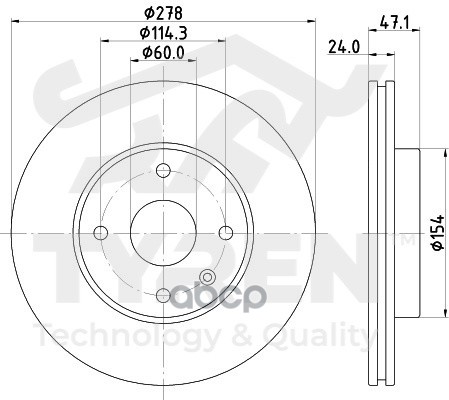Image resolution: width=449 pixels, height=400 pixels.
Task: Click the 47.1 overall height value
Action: click(396, 15)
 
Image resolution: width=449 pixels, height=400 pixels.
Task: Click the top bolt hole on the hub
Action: click(161, 171)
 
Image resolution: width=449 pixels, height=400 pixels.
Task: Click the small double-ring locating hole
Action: click(207, 279)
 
